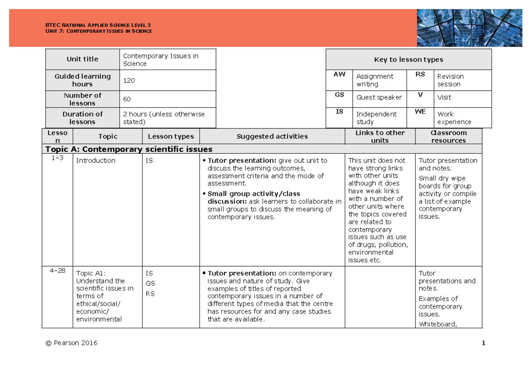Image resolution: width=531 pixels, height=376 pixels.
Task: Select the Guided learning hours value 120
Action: pos(129,81)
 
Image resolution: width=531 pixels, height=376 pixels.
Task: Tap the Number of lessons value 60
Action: pos(127,99)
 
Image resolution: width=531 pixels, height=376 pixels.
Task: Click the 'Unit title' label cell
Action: pos(82,59)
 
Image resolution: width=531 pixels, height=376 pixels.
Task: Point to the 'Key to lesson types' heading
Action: pos(408,60)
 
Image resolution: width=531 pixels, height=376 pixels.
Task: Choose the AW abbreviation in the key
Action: pos(339,74)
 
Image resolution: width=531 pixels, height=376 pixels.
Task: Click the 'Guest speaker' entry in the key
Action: pos(379,97)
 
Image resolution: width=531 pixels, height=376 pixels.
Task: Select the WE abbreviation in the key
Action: pos(420,112)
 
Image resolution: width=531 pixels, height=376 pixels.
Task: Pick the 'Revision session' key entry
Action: pos(450,80)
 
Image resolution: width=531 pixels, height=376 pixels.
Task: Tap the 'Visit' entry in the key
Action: pos(444,97)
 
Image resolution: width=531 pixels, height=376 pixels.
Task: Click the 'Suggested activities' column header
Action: pos(272,136)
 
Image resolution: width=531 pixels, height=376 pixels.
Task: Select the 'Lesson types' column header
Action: pos(171,136)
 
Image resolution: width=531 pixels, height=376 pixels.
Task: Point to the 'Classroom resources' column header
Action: pos(448,136)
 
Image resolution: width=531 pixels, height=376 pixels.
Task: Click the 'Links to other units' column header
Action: pos(380,136)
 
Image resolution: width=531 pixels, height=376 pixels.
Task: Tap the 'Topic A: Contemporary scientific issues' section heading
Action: pos(129,149)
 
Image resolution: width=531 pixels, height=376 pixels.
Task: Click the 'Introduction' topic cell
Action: pos(96,160)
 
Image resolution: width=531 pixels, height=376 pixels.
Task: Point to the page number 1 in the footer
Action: pos(484,343)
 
